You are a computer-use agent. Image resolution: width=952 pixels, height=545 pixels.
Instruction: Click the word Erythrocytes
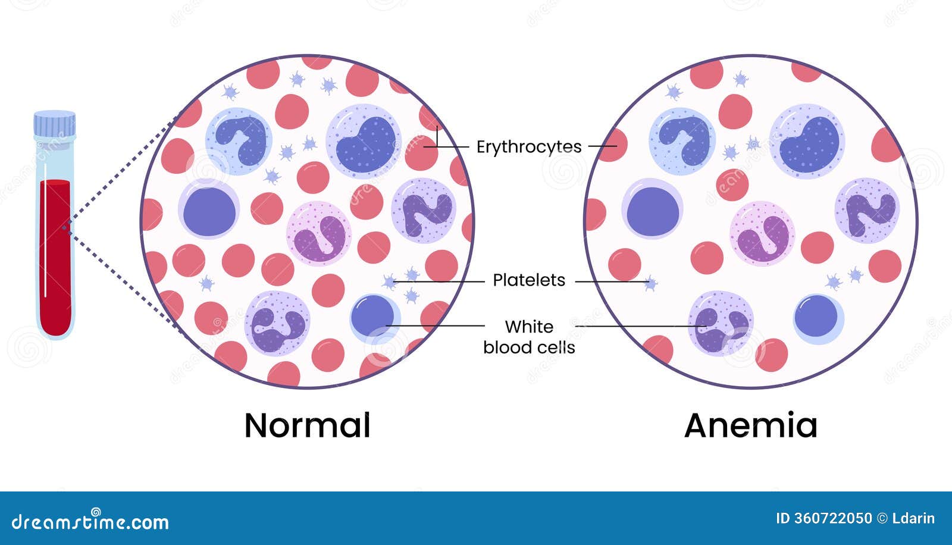click(x=528, y=146)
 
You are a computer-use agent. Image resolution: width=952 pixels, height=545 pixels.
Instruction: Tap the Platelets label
click(x=528, y=280)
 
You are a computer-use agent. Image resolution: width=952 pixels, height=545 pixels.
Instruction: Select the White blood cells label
click(x=529, y=337)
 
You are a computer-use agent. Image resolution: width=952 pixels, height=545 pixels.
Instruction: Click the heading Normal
click(x=307, y=425)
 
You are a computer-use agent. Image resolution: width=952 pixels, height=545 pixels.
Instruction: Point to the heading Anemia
click(x=751, y=425)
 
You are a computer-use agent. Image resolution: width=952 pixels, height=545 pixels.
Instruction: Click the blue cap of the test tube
click(x=55, y=124)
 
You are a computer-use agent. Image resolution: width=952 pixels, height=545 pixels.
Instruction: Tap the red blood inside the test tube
click(x=55, y=256)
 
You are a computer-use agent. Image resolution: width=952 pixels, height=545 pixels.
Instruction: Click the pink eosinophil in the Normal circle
click(x=319, y=233)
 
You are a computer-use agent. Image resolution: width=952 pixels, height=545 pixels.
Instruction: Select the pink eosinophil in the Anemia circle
click(x=762, y=233)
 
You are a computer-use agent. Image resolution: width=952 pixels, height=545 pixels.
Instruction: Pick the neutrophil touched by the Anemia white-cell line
click(x=720, y=322)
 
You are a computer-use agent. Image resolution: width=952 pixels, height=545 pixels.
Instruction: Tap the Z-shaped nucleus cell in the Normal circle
click(x=424, y=211)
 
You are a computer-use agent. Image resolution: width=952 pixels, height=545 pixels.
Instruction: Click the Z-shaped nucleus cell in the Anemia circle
click(x=868, y=211)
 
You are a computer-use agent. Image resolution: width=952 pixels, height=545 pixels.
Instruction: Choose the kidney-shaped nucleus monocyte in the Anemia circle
click(x=807, y=142)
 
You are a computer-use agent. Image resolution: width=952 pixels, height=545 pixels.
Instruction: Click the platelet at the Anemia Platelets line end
click(x=651, y=283)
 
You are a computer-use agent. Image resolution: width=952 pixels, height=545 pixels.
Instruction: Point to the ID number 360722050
click(x=823, y=519)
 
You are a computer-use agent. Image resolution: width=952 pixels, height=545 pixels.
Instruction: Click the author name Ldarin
click(x=914, y=519)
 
